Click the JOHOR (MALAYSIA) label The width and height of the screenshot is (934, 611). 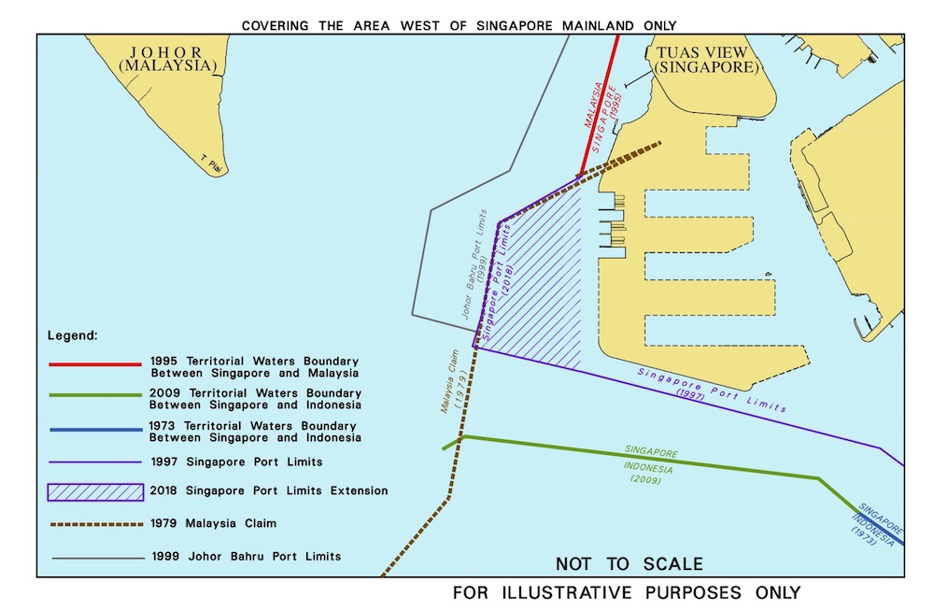[168, 58]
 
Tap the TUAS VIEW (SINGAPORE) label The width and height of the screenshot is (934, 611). [705, 60]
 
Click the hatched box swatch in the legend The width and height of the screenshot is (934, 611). [95, 491]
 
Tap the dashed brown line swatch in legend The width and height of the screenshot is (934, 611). [95, 523]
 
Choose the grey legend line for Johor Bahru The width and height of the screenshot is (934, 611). [95, 557]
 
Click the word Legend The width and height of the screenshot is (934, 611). [73, 334]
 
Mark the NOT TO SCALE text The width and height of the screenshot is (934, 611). [629, 564]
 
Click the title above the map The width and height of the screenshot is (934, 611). [459, 25]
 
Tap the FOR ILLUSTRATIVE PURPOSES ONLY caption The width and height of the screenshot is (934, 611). [626, 593]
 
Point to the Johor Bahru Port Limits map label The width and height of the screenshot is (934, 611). [474, 264]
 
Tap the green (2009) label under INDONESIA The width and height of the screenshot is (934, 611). [645, 480]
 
